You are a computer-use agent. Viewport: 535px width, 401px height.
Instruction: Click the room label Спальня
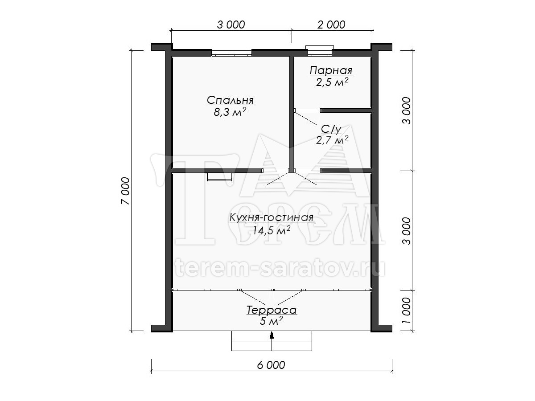point(230,100)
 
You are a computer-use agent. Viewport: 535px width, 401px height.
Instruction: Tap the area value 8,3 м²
point(230,112)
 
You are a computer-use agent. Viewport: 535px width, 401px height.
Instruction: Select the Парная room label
point(331,70)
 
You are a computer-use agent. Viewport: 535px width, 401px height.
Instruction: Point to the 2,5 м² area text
point(332,82)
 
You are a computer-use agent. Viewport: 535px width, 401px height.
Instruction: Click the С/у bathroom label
point(331,130)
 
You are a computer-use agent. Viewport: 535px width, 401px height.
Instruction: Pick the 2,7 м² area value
point(332,140)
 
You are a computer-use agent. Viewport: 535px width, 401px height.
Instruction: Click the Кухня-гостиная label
point(271,217)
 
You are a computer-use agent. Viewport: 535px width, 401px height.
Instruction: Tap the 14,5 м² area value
point(271,230)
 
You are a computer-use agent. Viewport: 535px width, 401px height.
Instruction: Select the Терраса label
point(272,310)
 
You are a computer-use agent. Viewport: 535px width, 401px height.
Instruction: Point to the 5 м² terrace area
point(271,321)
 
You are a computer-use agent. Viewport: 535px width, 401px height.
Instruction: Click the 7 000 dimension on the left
point(126,191)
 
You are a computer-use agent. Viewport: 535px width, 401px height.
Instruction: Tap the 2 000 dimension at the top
point(331,25)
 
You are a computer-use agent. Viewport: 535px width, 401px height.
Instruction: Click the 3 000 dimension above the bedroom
point(231,25)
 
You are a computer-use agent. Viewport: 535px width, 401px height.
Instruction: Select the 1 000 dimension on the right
point(406,311)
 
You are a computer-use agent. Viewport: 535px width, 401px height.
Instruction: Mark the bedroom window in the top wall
point(231,53)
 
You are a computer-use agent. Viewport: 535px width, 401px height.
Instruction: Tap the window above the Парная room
point(320,51)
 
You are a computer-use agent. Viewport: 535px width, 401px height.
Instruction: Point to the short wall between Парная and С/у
point(346,110)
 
